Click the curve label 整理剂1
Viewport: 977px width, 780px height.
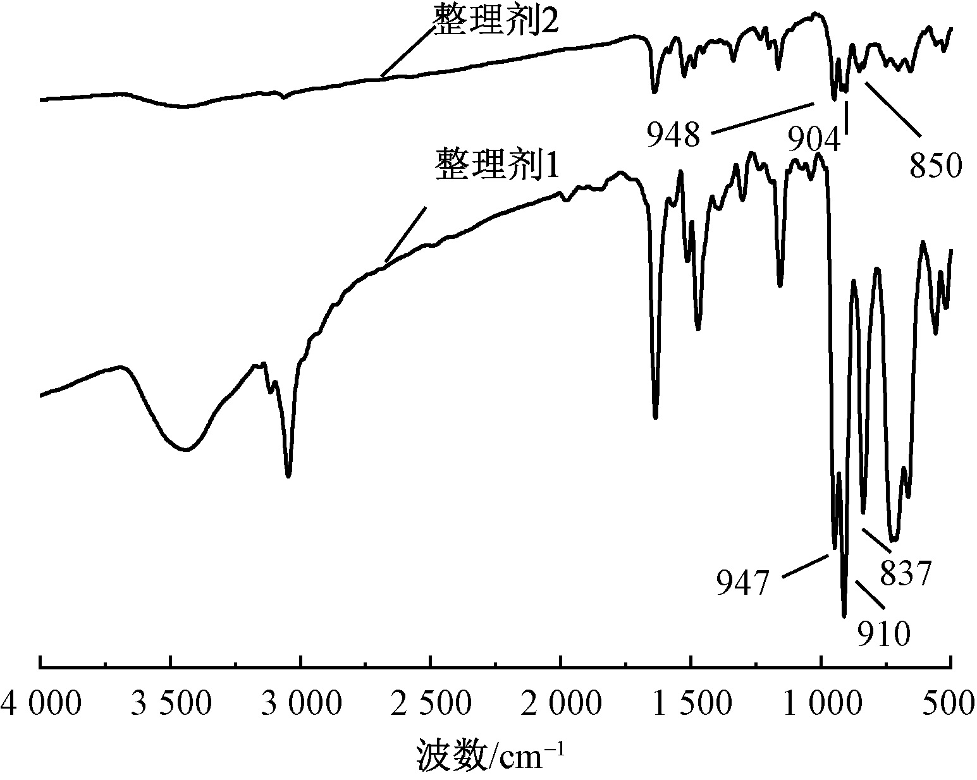[x=497, y=166]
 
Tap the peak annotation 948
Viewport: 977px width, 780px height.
[x=673, y=135]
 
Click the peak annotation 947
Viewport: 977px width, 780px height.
[x=742, y=582]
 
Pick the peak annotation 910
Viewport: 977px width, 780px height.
[x=883, y=633]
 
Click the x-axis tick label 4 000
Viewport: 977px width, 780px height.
[x=40, y=704]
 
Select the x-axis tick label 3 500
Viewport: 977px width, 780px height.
[x=171, y=704]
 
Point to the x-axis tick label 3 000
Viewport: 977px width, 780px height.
[x=301, y=704]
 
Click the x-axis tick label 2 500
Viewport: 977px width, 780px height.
[x=431, y=704]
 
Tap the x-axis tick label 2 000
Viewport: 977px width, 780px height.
[x=561, y=704]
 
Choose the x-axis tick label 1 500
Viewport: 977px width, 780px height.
[x=691, y=704]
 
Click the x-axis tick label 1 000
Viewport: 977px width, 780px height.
[x=821, y=704]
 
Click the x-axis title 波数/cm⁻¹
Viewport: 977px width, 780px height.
[x=488, y=755]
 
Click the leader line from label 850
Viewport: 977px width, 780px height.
[x=892, y=109]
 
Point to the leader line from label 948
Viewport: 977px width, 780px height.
[x=762, y=118]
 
